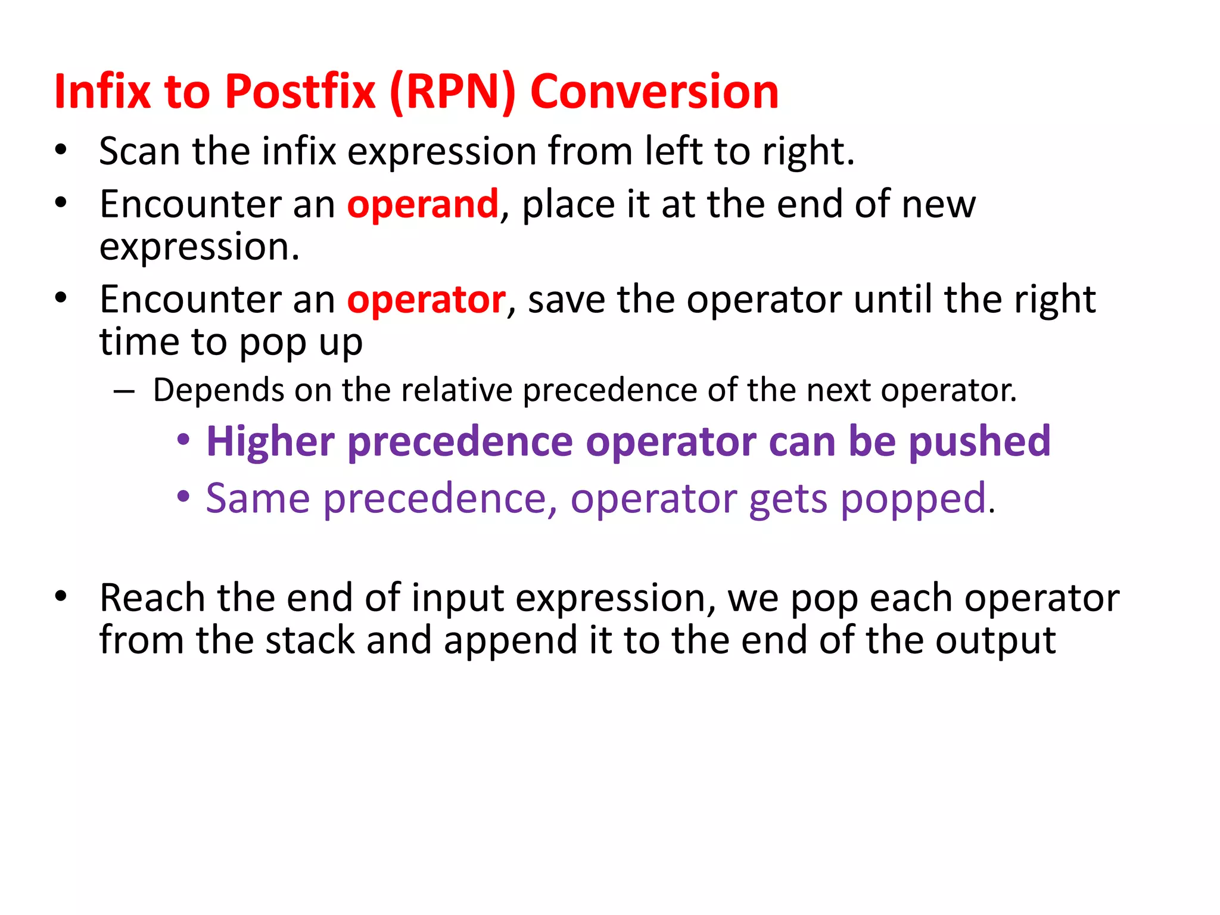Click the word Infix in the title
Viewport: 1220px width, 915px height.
click(x=102, y=92)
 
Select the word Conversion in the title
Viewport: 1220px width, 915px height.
click(x=653, y=92)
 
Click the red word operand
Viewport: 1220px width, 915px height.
click(x=422, y=204)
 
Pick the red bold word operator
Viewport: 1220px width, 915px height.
click(x=426, y=300)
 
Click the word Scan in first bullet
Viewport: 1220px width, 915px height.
click(x=139, y=151)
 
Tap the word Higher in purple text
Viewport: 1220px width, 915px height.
click(x=270, y=442)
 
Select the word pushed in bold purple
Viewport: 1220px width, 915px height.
click(x=979, y=442)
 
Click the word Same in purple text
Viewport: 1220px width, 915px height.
click(x=257, y=498)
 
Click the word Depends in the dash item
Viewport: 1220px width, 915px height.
click(x=218, y=391)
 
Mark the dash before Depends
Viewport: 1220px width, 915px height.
click(x=123, y=392)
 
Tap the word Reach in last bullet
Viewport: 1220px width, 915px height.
click(x=152, y=598)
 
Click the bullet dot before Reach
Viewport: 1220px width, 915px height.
click(x=61, y=596)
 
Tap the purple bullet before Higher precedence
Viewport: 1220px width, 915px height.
click(x=183, y=441)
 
